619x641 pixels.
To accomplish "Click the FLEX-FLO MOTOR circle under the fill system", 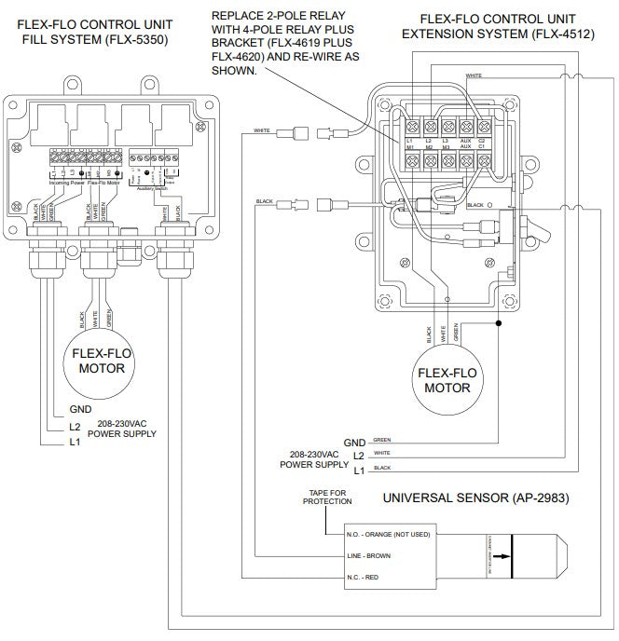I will point(98,361).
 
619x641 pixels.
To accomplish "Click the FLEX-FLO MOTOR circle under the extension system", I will point(446,379).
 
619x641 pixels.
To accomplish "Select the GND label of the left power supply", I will point(80,409).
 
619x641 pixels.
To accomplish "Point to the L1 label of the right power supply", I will point(358,472).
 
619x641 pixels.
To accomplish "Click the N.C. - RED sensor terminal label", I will point(359,578).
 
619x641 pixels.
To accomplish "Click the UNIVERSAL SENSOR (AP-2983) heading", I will point(475,498).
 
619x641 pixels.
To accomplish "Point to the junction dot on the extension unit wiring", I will point(498,324).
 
